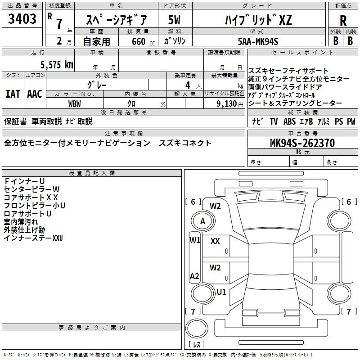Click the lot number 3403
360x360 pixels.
point(22,19)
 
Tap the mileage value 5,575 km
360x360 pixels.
point(57,65)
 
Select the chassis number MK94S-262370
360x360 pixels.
point(302,143)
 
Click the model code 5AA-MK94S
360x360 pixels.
point(258,41)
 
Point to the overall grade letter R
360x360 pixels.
point(343,21)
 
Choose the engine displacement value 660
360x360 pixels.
point(139,41)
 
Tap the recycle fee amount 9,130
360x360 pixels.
point(227,104)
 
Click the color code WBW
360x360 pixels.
point(75,104)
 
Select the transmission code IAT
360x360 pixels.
point(13,94)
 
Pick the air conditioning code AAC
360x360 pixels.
point(35,94)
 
